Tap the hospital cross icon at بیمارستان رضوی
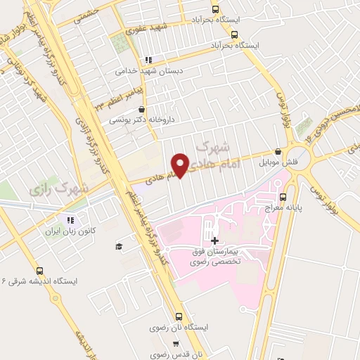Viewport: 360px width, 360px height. (x=214, y=240)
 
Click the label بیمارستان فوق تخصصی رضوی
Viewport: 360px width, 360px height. (x=214, y=256)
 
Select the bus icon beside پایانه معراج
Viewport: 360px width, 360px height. (x=283, y=197)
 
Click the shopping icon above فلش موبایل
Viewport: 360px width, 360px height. (x=279, y=152)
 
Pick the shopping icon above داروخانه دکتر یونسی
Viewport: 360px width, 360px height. (x=143, y=110)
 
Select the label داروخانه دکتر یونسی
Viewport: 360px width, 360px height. (x=137, y=121)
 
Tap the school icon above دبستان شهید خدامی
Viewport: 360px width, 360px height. (x=147, y=60)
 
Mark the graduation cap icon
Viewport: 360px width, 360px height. (x=119, y=246)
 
